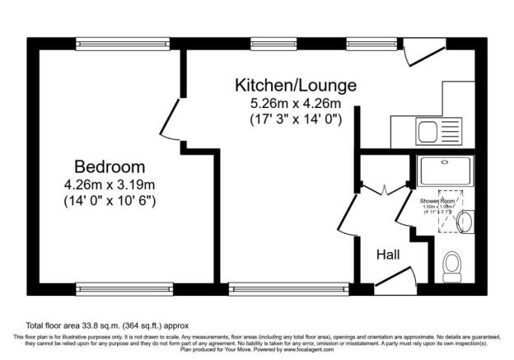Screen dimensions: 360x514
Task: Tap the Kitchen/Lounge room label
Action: [296, 86]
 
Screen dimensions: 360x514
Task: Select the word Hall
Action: [388, 255]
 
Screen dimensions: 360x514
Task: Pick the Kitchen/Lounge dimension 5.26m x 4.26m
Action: [296, 104]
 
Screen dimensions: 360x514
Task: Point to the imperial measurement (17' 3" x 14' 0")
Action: [296, 119]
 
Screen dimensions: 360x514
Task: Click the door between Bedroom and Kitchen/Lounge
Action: [171, 119]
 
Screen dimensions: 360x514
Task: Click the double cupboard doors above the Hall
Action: [385, 189]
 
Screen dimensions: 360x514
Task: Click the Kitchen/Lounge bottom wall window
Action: [263, 289]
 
